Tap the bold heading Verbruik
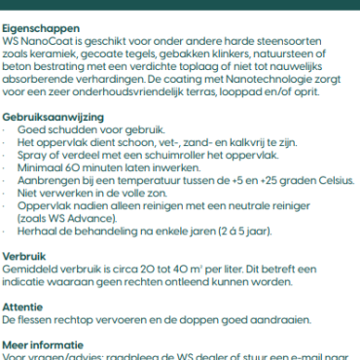click(21, 251)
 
